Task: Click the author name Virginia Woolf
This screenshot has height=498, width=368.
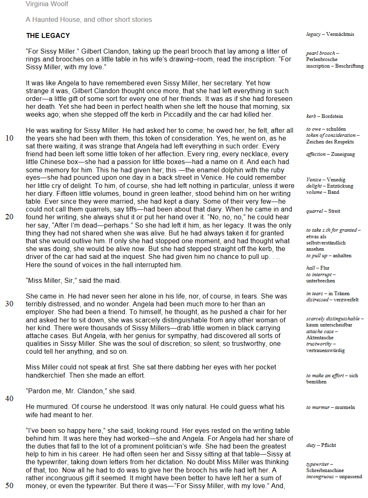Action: click(47, 4)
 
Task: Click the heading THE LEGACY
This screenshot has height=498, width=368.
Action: click(48, 36)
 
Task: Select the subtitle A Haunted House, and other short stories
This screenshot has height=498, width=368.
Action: click(89, 20)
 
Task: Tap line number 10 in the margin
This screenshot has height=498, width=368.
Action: click(9, 138)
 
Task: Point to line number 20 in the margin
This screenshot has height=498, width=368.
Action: click(9, 217)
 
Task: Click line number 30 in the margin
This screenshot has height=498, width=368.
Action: click(9, 304)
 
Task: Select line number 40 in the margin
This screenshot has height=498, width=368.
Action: click(9, 399)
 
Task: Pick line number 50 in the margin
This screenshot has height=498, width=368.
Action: click(9, 486)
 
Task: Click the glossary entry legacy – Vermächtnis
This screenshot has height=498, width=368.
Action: click(330, 35)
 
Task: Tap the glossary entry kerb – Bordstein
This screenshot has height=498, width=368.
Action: click(325, 116)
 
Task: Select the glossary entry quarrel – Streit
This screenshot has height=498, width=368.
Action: click(323, 211)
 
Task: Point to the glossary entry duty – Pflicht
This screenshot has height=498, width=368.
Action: click(321, 445)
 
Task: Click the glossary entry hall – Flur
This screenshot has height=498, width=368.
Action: click(318, 268)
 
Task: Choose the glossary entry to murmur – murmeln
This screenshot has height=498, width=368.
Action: click(330, 407)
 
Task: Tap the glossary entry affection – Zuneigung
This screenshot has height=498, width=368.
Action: click(330, 154)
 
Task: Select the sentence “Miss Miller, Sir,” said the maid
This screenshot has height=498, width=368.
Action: click(73, 280)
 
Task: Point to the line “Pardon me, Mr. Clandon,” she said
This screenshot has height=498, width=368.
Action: click(81, 391)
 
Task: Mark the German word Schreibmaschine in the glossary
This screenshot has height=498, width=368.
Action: click(325, 470)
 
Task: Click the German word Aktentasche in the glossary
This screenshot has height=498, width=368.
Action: click(320, 338)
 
